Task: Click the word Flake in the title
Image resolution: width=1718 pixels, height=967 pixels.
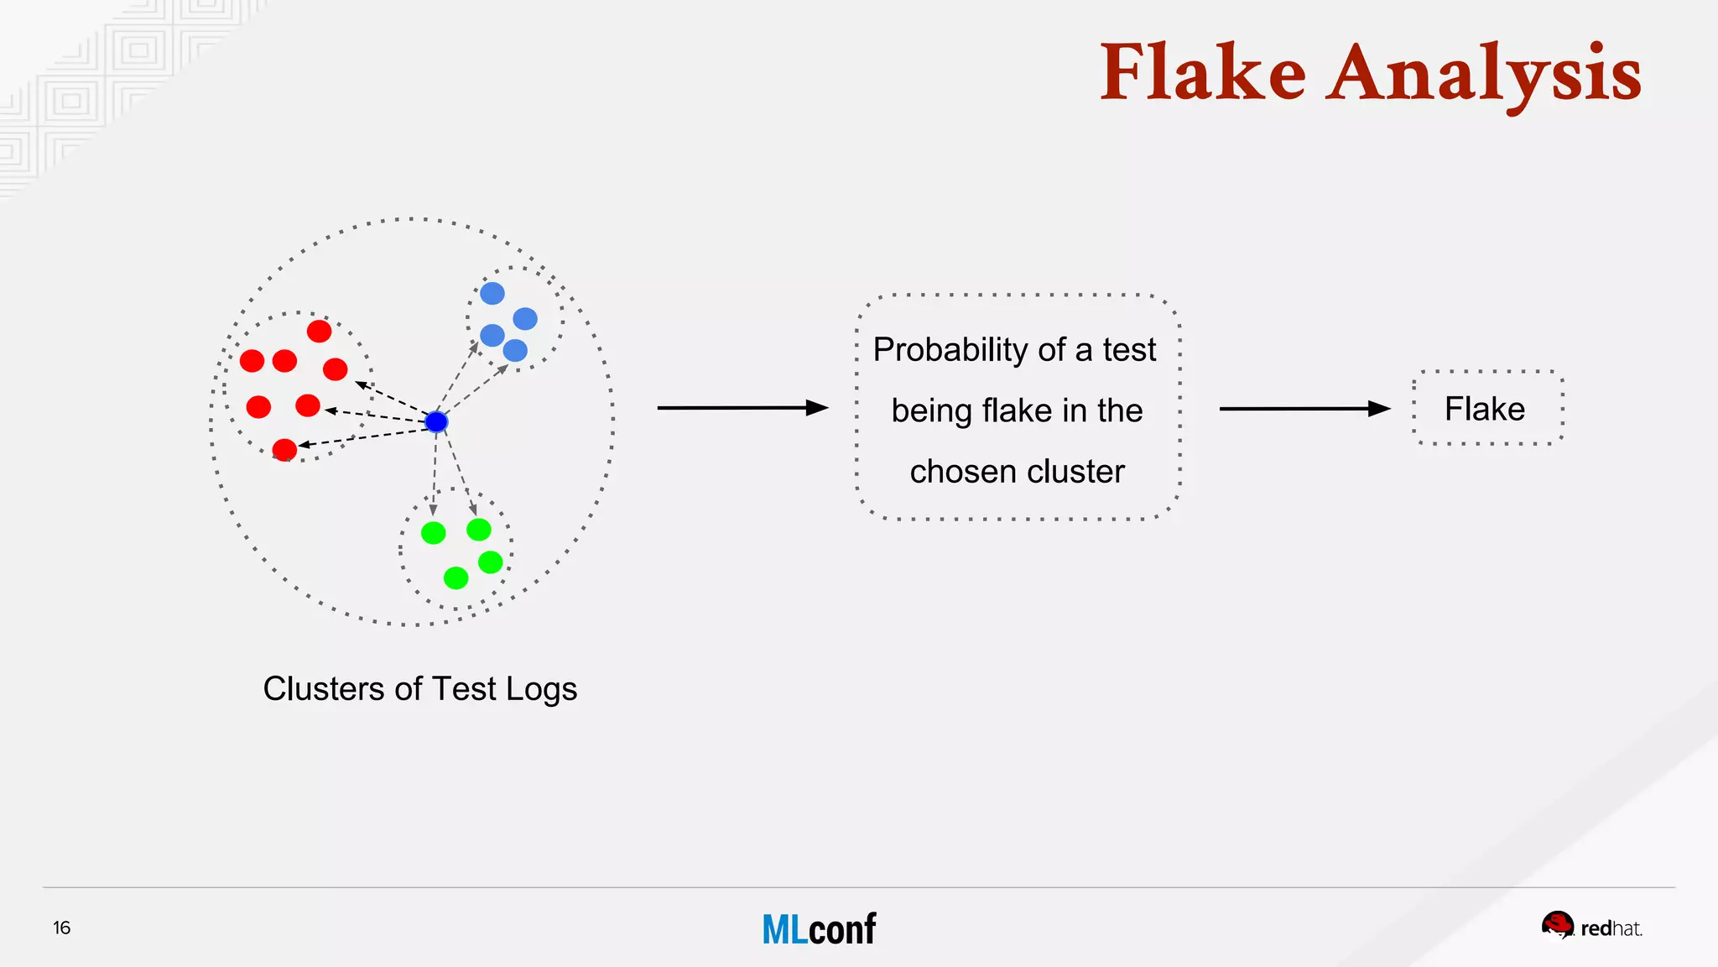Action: [1203, 74]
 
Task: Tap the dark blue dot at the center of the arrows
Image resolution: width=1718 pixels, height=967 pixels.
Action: [436, 421]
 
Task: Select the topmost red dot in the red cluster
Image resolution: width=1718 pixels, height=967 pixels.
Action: [319, 332]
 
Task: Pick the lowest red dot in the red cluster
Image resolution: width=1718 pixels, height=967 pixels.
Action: [285, 450]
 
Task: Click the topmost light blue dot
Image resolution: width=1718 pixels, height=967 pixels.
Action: [492, 293]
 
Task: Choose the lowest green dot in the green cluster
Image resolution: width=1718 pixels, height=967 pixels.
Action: [456, 578]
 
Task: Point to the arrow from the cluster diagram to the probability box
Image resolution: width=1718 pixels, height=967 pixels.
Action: [742, 408]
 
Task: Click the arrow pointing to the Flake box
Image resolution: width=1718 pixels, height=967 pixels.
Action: [1304, 409]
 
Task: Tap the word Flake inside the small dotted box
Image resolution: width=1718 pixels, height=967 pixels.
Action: [1485, 409]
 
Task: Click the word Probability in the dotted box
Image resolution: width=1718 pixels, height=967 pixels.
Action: [950, 349]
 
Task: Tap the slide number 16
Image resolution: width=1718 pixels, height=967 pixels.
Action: [62, 928]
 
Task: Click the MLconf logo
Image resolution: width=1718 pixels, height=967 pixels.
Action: [819, 929]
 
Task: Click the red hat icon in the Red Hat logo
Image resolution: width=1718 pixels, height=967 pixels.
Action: [1557, 925]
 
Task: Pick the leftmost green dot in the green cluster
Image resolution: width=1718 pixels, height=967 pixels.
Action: [433, 533]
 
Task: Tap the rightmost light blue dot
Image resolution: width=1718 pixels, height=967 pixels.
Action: [525, 319]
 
